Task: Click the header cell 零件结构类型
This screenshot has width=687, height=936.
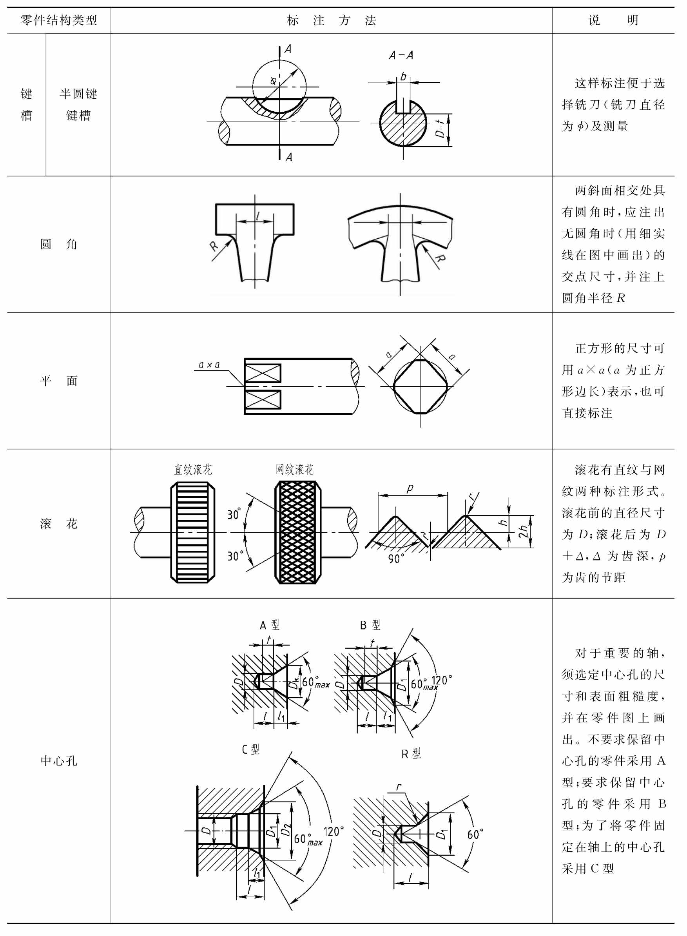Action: click(x=59, y=20)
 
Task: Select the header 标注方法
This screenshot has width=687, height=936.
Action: click(x=332, y=20)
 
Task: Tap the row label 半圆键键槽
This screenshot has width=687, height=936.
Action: click(x=78, y=104)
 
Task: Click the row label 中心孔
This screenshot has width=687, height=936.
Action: click(x=59, y=760)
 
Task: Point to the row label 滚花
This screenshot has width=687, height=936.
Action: click(x=59, y=524)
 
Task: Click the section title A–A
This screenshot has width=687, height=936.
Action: click(x=401, y=55)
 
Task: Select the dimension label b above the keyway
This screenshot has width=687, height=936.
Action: click(x=403, y=76)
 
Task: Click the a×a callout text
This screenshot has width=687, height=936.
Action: click(x=209, y=365)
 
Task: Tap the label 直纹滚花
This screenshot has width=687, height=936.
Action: click(x=193, y=470)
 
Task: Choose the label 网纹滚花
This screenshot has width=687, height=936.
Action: click(x=294, y=470)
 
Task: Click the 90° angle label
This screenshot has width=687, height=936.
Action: click(x=396, y=558)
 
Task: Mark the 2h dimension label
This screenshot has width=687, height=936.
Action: click(x=523, y=531)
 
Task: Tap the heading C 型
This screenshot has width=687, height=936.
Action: click(x=251, y=749)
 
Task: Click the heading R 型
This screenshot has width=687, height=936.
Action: click(x=411, y=753)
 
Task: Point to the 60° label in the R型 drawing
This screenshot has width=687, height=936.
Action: click(x=475, y=834)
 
